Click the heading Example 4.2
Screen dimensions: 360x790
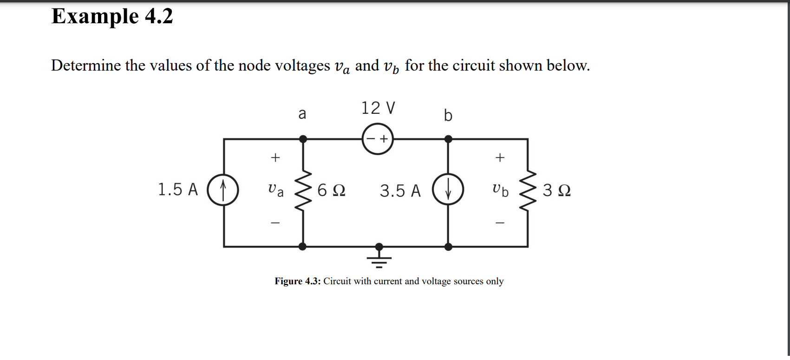[x=112, y=16]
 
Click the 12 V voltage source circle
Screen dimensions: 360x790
[x=378, y=139]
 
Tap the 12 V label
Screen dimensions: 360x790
[x=378, y=108]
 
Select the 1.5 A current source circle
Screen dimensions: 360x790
[x=223, y=190]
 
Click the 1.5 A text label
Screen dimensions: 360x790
[x=178, y=190]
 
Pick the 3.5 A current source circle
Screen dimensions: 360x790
[x=448, y=190]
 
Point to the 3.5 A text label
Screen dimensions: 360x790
[x=400, y=191]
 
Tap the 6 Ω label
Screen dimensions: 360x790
[x=332, y=190]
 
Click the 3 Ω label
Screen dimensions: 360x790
[x=556, y=190]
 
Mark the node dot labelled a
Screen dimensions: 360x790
[x=303, y=139]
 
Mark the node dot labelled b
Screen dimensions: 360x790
[x=448, y=139]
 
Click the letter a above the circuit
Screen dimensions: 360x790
[x=302, y=113]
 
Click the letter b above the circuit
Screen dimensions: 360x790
[x=448, y=114]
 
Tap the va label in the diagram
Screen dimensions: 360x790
[x=275, y=190]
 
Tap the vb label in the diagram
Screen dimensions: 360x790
[x=500, y=190]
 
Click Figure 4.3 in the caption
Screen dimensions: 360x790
[x=297, y=281]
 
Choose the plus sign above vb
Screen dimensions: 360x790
[x=500, y=157]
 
